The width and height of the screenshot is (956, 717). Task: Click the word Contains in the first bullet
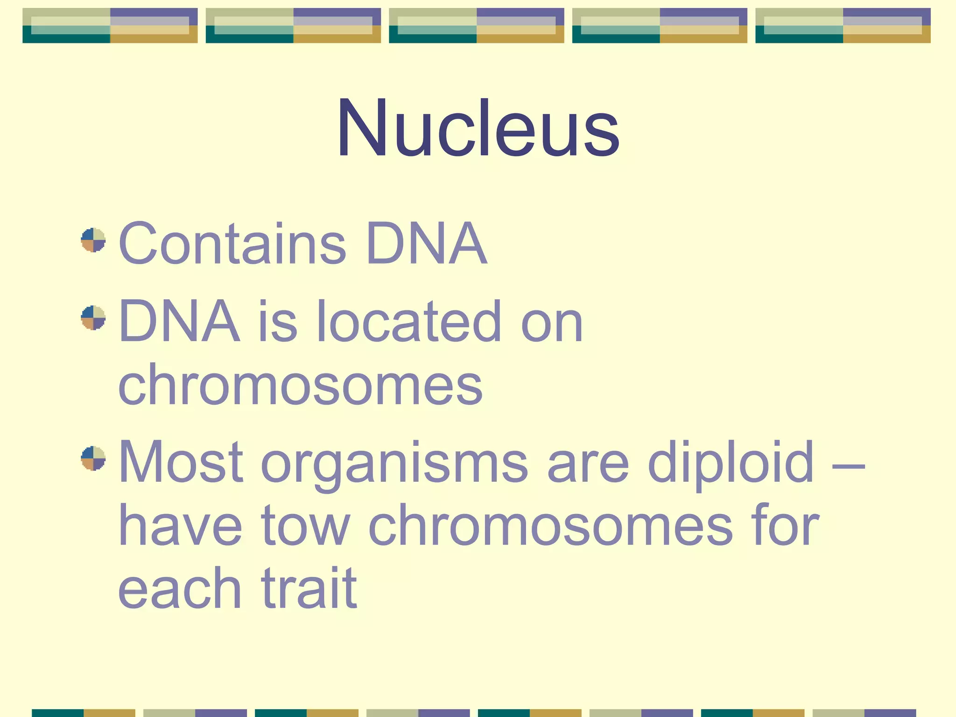tap(232, 243)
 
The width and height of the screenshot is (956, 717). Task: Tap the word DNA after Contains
tap(427, 243)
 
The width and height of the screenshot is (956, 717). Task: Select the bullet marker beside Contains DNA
tap(93, 240)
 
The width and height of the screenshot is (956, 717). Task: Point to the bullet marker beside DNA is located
tap(93, 318)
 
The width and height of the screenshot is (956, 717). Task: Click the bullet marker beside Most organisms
tap(93, 458)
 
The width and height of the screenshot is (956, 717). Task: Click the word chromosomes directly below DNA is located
tap(300, 386)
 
